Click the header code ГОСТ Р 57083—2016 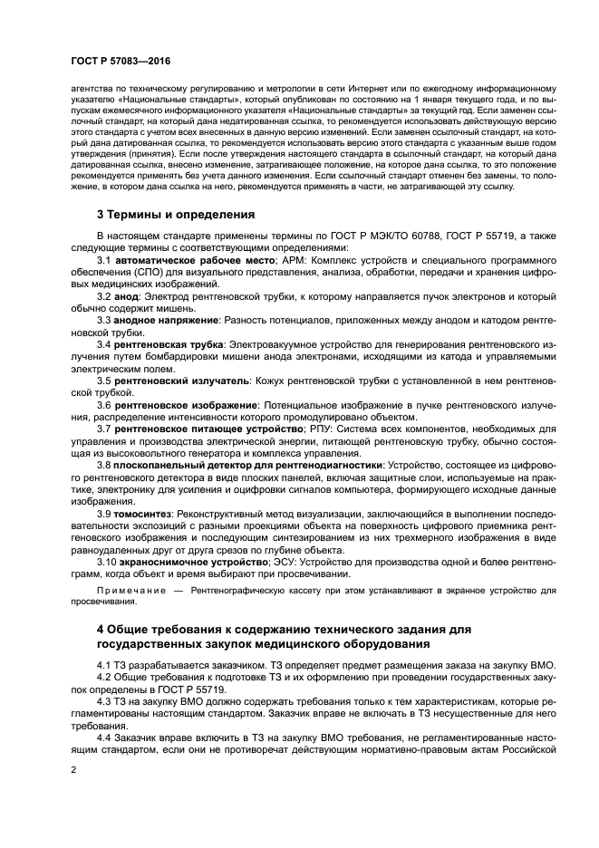click(x=120, y=61)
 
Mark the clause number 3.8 click(x=105, y=465)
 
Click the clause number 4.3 click(x=105, y=702)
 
